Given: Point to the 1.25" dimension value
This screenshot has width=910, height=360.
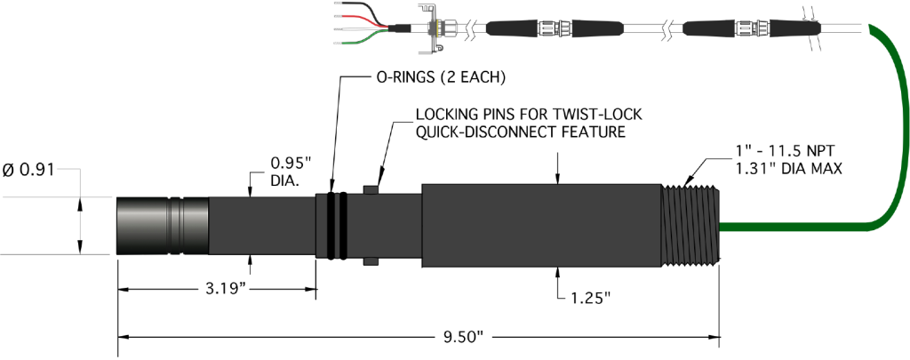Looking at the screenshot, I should coord(589,297).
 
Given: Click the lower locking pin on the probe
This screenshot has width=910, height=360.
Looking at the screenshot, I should coord(371,262).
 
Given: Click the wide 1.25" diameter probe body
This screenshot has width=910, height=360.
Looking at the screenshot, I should coord(542,225).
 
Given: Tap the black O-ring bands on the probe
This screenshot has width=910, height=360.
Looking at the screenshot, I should coord(336,226).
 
